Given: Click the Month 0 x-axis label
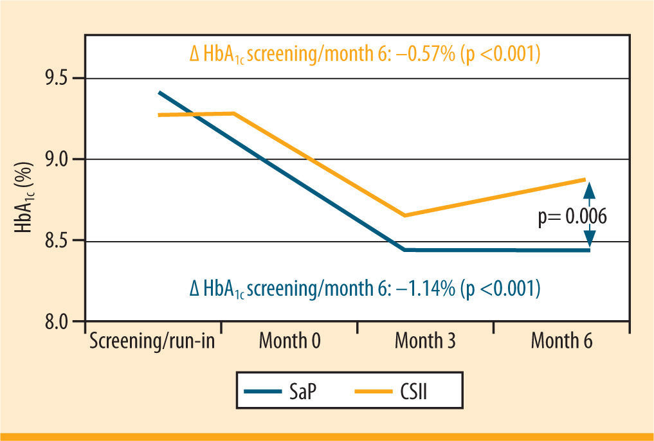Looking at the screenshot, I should click(289, 341).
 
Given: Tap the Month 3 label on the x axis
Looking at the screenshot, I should click(425, 341).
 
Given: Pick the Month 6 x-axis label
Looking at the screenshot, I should click(561, 341).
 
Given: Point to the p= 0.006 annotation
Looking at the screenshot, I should click(572, 217).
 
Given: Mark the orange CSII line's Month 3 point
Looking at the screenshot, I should click(404, 215).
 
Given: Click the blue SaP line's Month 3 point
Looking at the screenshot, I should click(404, 249).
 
